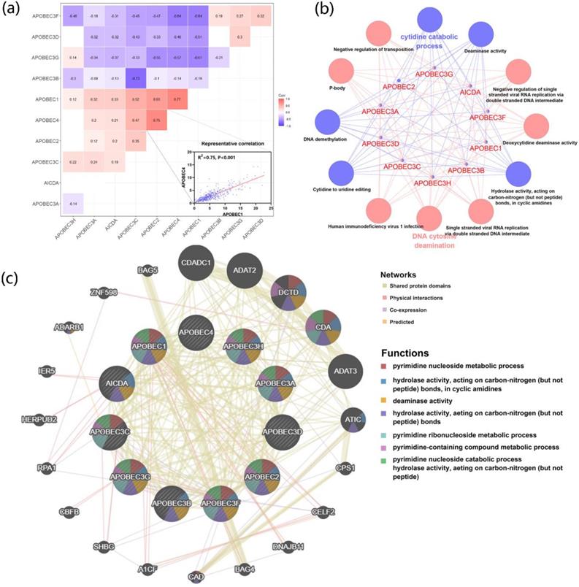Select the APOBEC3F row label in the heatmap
click(28, 15)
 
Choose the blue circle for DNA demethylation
click(332, 123)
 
